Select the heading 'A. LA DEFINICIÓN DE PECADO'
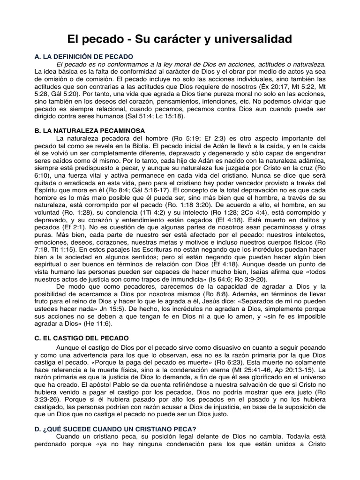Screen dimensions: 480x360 (x=84, y=56)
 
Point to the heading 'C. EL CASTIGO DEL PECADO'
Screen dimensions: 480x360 (x=82, y=338)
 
